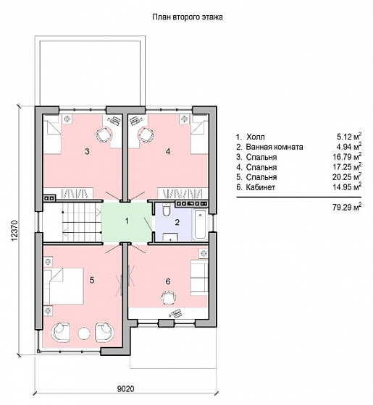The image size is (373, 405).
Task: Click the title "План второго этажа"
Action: (188, 17)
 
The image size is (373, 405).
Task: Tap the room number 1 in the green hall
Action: (127, 221)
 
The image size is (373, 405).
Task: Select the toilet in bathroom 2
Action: (166, 210)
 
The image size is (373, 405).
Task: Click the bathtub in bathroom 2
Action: (200, 224)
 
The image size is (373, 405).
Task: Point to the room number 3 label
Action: (87, 151)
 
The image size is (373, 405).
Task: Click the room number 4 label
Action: (168, 151)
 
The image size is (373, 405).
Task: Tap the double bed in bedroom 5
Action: (64, 286)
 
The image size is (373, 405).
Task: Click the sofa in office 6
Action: (199, 278)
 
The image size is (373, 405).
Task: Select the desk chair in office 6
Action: (169, 297)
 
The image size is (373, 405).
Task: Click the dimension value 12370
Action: (14, 231)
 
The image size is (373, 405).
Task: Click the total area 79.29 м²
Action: (347, 207)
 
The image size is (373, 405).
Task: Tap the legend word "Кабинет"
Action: (260, 187)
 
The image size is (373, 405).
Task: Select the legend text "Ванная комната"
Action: (274, 147)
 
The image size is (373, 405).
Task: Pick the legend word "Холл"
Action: (255, 137)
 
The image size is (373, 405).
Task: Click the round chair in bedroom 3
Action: (104, 135)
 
